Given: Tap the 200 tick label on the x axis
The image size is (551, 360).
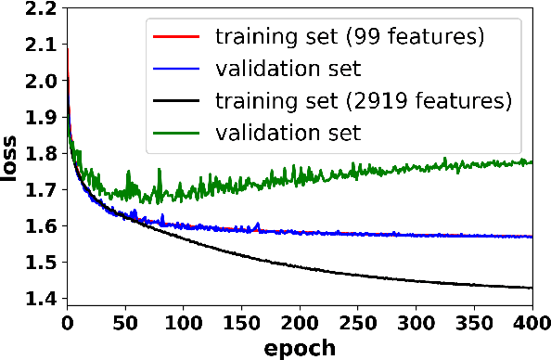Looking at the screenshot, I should (299, 323).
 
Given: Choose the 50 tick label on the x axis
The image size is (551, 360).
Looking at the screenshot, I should (124, 323).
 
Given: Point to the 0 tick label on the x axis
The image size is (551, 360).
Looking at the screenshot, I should (67, 323).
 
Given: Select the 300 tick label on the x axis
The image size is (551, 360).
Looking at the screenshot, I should (415, 323).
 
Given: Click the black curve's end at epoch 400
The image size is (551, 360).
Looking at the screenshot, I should (532, 288).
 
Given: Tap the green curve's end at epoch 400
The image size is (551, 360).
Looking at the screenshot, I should (532, 161).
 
